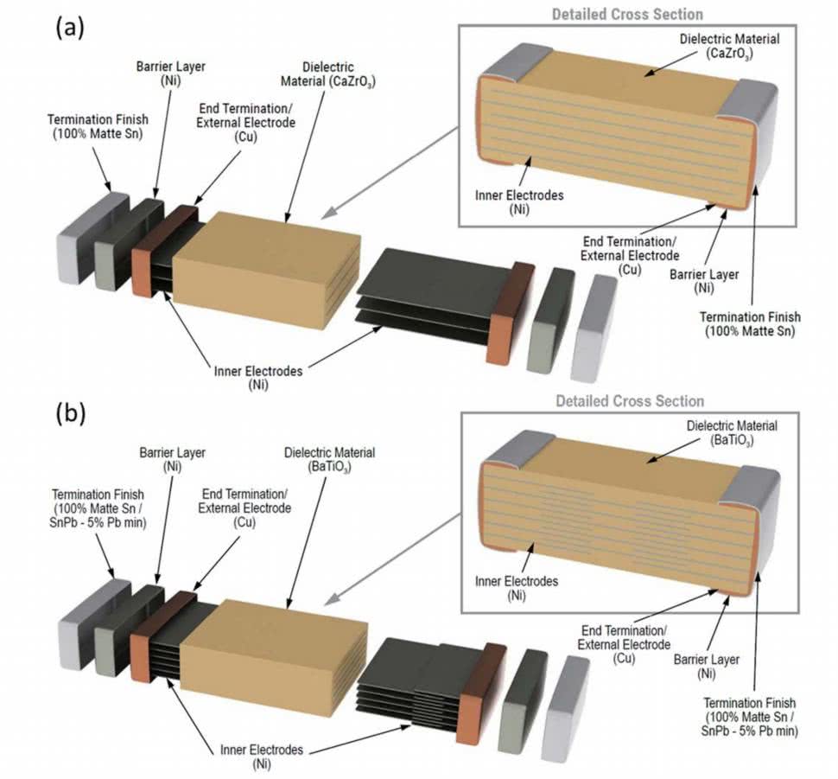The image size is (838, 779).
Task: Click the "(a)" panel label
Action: [70, 28]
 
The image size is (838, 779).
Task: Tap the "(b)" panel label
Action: [70, 413]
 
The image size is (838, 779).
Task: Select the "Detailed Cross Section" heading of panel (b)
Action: [630, 401]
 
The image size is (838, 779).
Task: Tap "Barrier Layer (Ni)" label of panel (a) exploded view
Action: [164, 73]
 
